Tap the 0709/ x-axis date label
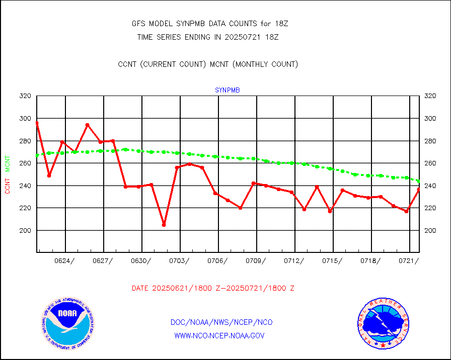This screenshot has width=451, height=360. tap(257, 260)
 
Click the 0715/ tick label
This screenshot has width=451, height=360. tap(333, 260)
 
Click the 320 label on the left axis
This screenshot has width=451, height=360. tap(26, 96)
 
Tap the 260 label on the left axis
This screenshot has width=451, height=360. tap(26, 163)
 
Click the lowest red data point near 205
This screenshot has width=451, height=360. tap(164, 225)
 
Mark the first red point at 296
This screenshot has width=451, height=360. tap(37, 123)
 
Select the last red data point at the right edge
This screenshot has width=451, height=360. tap(419, 190)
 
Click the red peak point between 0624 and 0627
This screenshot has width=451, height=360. tap(87, 125)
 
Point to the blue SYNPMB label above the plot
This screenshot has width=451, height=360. tap(228, 91)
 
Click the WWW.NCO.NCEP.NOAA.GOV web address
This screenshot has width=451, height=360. tap(219, 335)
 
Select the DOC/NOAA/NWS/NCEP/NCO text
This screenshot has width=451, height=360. tap(221, 322)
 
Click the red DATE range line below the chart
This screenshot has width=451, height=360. tap(213, 289)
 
